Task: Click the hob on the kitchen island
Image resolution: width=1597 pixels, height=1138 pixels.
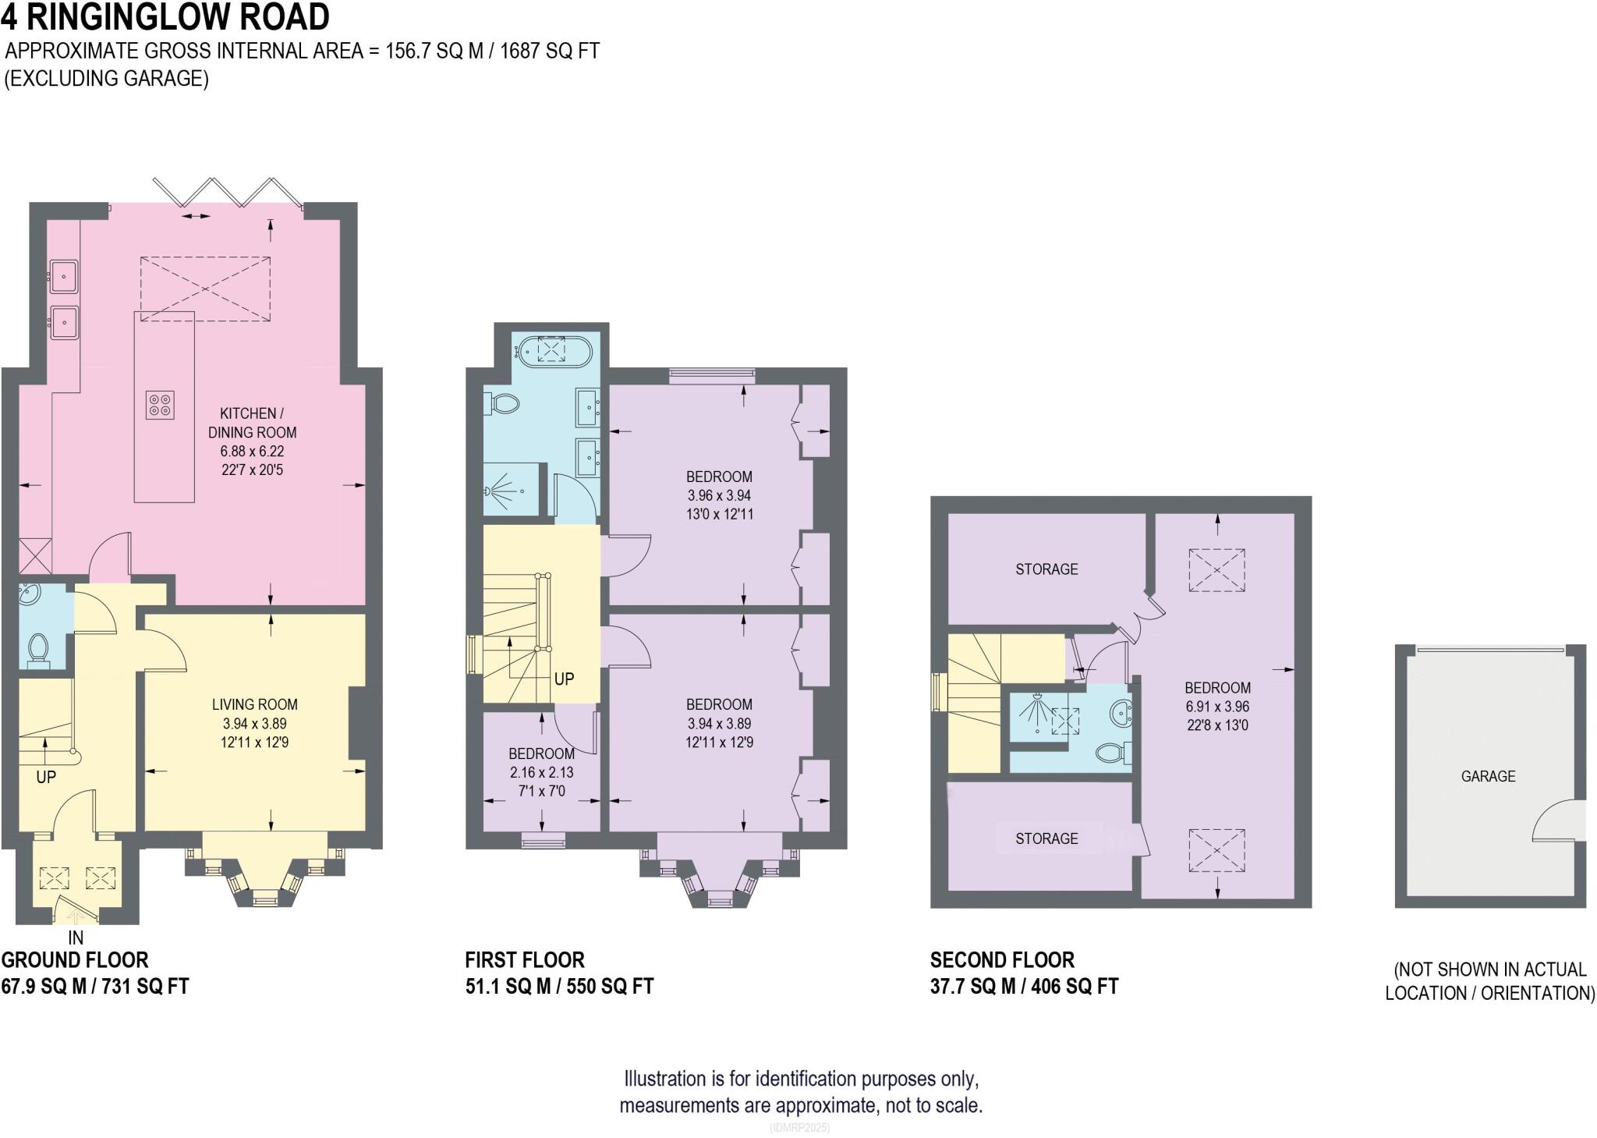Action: pyautogui.click(x=161, y=405)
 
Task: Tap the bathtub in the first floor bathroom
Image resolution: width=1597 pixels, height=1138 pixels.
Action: pyautogui.click(x=551, y=349)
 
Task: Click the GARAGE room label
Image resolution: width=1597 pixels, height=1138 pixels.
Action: pyautogui.click(x=1488, y=776)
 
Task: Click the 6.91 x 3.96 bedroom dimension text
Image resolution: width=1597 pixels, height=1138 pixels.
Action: pyautogui.click(x=1216, y=707)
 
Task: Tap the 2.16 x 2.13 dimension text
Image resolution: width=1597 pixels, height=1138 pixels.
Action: pyautogui.click(x=541, y=772)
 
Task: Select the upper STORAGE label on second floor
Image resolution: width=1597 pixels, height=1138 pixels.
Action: pyautogui.click(x=1046, y=569)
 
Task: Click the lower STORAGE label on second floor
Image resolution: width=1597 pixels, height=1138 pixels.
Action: pyautogui.click(x=1046, y=838)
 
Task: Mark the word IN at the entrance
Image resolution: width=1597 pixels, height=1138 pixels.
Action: pyautogui.click(x=76, y=938)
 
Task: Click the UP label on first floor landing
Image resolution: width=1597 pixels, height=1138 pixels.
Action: pyautogui.click(x=564, y=679)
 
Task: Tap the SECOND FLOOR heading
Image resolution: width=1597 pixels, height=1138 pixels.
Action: pyautogui.click(x=1002, y=959)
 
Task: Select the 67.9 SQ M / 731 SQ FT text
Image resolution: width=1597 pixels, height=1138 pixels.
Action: pyautogui.click(x=95, y=987)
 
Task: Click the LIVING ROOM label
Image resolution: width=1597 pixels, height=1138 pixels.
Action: pyautogui.click(x=254, y=704)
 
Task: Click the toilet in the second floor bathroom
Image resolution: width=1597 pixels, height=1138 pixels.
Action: pyautogui.click(x=1112, y=753)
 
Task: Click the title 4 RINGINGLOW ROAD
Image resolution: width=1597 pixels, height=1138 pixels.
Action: pyautogui.click(x=165, y=17)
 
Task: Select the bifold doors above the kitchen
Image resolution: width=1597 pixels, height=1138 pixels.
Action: pyautogui.click(x=229, y=193)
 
